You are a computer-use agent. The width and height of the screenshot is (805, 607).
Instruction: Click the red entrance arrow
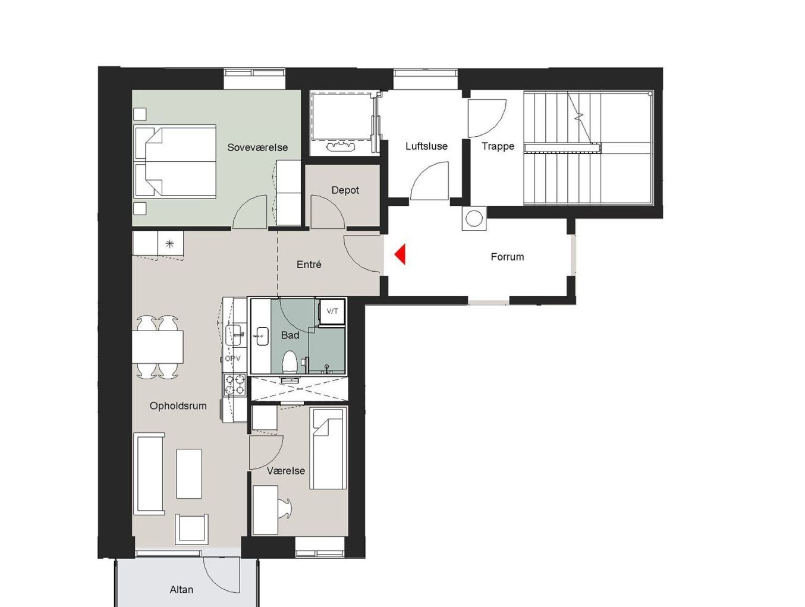click(x=400, y=254)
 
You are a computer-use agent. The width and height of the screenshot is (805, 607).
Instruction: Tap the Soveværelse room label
click(x=257, y=147)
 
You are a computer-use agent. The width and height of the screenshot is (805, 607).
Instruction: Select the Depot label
click(x=345, y=190)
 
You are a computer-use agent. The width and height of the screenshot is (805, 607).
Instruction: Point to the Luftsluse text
click(x=426, y=146)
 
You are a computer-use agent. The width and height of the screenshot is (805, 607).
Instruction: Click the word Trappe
click(x=498, y=146)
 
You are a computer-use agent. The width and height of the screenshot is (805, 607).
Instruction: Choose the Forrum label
click(x=507, y=257)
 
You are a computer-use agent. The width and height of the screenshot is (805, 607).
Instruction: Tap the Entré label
click(x=309, y=265)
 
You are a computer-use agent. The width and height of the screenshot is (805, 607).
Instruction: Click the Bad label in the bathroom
click(x=290, y=335)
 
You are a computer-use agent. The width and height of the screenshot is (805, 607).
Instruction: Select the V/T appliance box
click(x=332, y=312)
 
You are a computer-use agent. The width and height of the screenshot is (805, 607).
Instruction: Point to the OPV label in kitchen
click(x=232, y=358)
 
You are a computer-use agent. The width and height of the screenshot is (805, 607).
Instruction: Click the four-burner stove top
click(x=235, y=384)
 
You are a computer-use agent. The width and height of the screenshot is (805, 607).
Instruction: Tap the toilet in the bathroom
click(x=290, y=363)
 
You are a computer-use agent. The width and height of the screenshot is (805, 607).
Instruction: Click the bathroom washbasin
click(x=262, y=336)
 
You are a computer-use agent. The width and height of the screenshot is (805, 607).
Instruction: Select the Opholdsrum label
click(x=178, y=405)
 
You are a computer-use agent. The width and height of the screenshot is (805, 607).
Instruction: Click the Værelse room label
click(x=286, y=471)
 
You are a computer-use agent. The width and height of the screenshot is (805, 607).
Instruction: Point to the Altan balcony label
click(x=181, y=589)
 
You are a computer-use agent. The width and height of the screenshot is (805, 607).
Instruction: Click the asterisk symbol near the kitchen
click(x=169, y=244)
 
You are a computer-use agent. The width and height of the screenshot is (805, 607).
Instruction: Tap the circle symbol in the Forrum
click(x=474, y=219)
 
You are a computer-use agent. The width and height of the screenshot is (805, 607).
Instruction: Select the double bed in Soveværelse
click(x=175, y=161)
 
